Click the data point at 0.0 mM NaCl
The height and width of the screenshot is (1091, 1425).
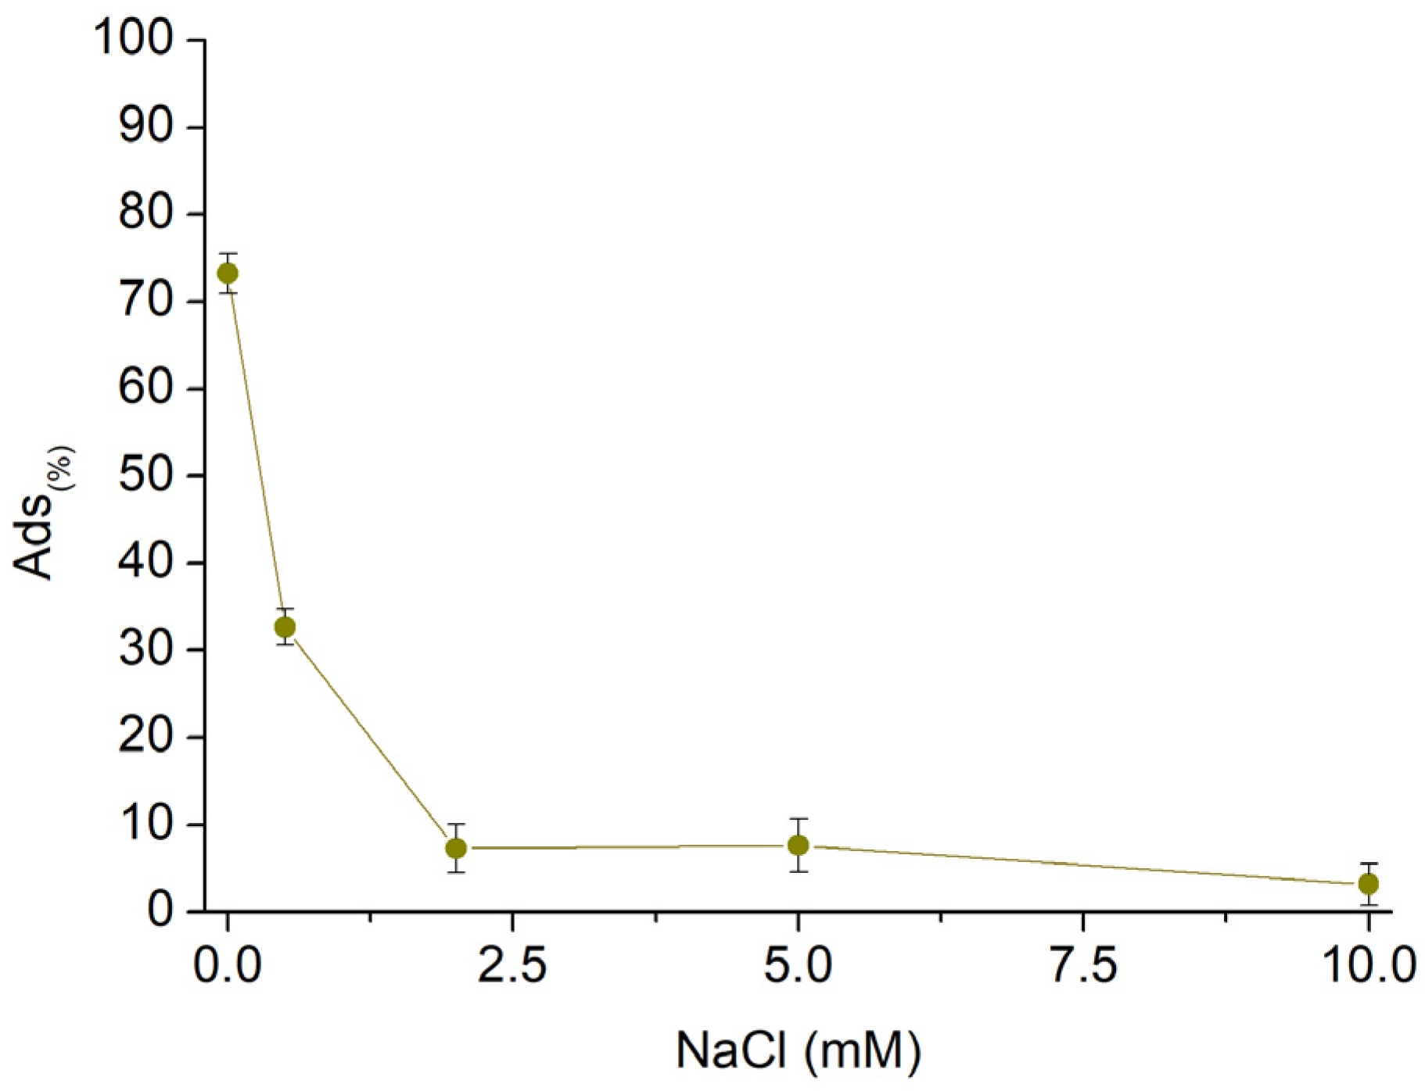click(x=228, y=274)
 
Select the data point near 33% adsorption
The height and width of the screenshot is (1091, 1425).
click(x=285, y=627)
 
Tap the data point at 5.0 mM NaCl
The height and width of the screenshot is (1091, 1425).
click(x=798, y=845)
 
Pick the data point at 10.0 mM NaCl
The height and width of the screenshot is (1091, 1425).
click(x=1368, y=884)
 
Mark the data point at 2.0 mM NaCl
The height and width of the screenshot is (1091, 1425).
click(x=456, y=848)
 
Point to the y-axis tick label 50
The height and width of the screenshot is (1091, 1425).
click(x=146, y=475)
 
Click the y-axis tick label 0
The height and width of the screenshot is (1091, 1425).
click(x=160, y=910)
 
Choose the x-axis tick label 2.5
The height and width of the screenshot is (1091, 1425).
click(x=512, y=966)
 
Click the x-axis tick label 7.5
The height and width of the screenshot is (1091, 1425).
click(x=1082, y=966)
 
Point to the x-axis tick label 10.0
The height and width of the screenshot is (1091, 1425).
click(x=1368, y=966)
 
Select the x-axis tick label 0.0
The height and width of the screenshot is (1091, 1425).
click(x=228, y=966)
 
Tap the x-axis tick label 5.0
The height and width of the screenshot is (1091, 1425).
click(x=798, y=966)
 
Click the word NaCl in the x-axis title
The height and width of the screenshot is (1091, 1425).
click(x=730, y=1050)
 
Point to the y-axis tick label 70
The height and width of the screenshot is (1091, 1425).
click(x=146, y=301)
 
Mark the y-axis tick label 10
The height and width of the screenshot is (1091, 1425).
click(x=146, y=824)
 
